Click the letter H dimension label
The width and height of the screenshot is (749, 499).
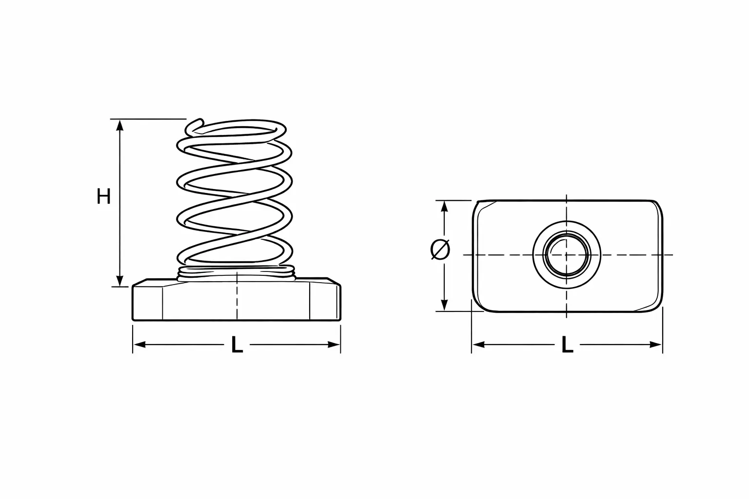pyautogui.click(x=104, y=196)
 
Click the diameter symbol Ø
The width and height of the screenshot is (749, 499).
pyautogui.click(x=440, y=249)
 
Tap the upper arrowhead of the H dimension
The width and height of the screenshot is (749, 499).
pyautogui.click(x=119, y=125)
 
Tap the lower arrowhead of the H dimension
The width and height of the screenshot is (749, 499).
pyautogui.click(x=119, y=280)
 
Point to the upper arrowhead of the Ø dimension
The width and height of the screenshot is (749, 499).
pyautogui.click(x=444, y=207)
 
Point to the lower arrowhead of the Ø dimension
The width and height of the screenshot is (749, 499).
pyautogui.click(x=444, y=305)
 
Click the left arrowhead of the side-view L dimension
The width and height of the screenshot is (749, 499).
pyautogui.click(x=139, y=345)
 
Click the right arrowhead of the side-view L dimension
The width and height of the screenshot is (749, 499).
pyautogui.click(x=334, y=345)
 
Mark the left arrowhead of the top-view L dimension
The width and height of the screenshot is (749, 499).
pyautogui.click(x=478, y=345)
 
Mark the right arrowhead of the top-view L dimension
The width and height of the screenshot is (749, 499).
pyautogui.click(x=656, y=345)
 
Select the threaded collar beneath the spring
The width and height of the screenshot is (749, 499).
pyautogui.click(x=237, y=272)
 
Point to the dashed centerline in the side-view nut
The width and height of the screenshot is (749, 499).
pyautogui.click(x=237, y=296)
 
